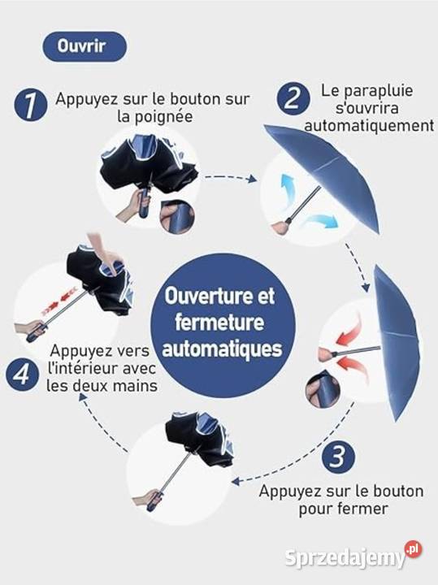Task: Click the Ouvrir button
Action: click(85, 46)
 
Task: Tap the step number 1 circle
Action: click(31, 105)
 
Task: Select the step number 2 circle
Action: click(293, 98)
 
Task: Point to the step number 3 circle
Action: click(338, 457)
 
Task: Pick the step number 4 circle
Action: click(22, 375)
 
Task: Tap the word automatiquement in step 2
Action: click(370, 125)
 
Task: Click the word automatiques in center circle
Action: click(222, 349)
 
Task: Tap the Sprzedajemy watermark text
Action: click(345, 558)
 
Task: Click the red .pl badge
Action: click(414, 549)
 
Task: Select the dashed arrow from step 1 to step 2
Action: click(231, 178)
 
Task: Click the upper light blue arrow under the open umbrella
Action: click(288, 189)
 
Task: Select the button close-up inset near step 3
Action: click(323, 388)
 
